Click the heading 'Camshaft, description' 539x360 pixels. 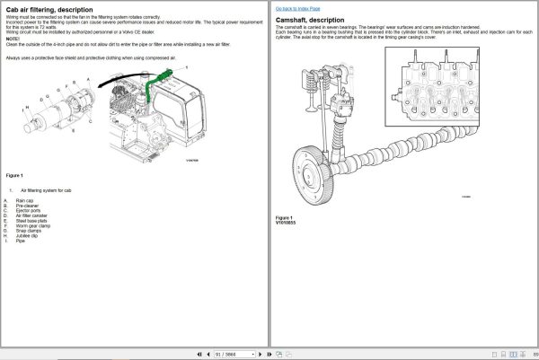pyautogui.click(x=311, y=19)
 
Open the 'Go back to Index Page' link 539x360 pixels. pyautogui.click(x=297, y=7)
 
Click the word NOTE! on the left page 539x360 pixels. pyautogui.click(x=12, y=39)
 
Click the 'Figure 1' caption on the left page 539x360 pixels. pyautogui.click(x=14, y=175)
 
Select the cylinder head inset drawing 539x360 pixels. pyautogui.click(x=440, y=88)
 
